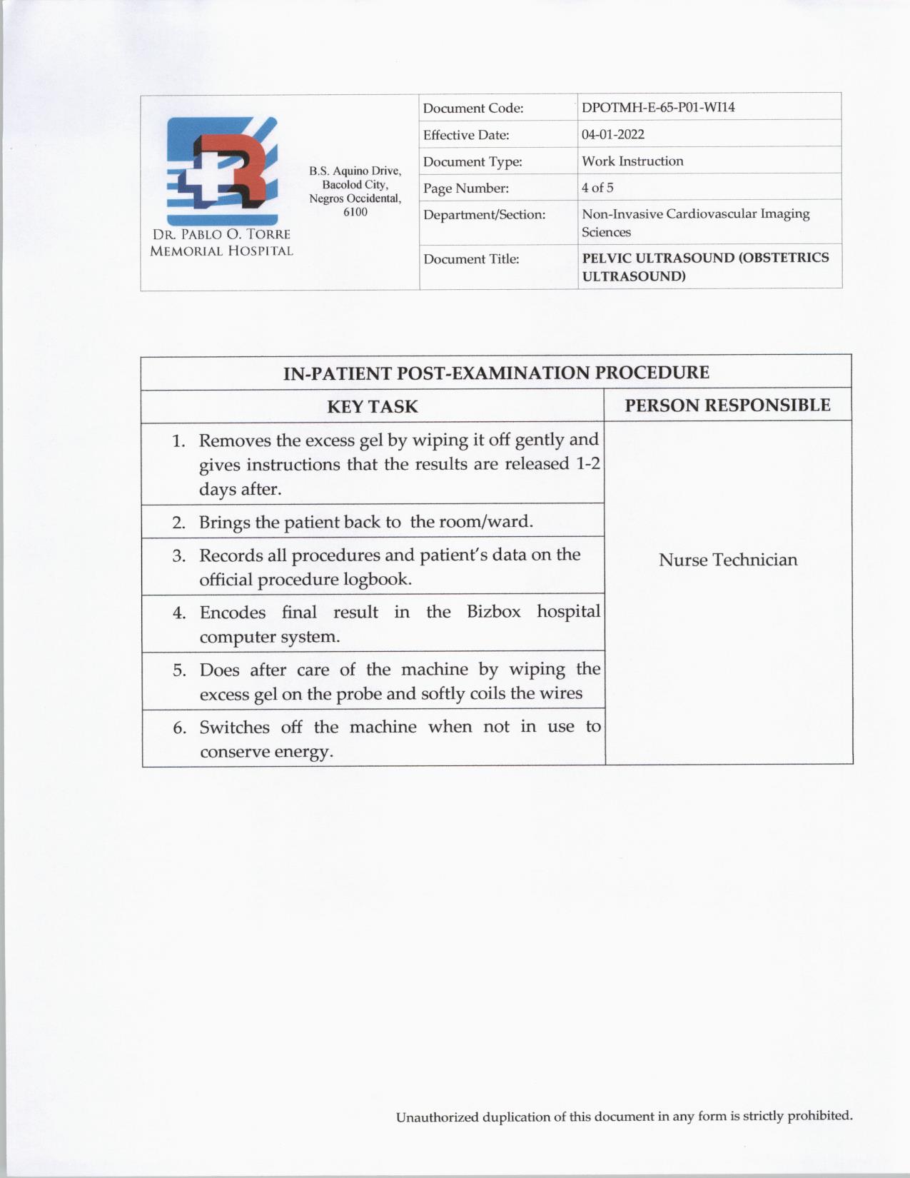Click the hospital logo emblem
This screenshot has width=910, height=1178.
tap(221, 171)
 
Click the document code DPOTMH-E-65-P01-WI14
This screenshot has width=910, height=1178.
tap(657, 108)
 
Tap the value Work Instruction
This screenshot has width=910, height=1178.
tap(632, 161)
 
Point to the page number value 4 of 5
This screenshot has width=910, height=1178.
tap(597, 188)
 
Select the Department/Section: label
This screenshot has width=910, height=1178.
tap(484, 214)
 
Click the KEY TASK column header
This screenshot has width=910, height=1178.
tap(372, 407)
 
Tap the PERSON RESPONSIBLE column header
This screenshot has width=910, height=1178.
tap(727, 406)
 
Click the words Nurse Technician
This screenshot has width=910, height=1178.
tap(727, 560)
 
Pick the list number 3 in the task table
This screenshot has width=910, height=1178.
tap(178, 556)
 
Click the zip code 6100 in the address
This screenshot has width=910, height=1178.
tap(355, 212)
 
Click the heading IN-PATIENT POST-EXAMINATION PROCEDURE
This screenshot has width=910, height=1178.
tap(496, 373)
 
